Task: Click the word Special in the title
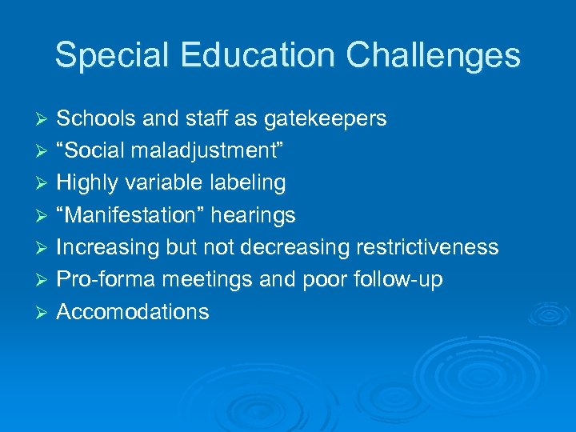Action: tap(111, 56)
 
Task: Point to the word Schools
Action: tap(97, 119)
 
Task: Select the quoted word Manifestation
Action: tap(130, 215)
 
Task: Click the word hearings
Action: tap(253, 215)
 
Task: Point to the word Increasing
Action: tap(108, 247)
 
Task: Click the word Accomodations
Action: tap(133, 311)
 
